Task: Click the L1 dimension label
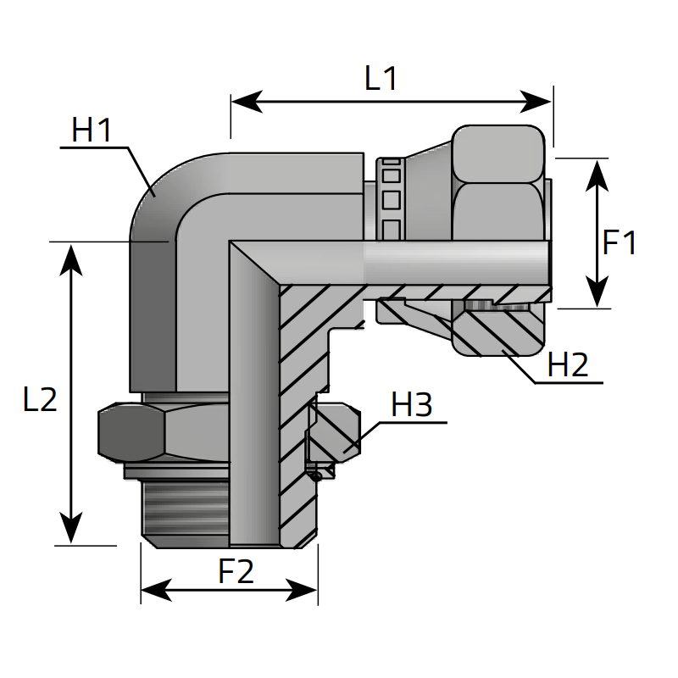point(381,79)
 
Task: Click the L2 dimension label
point(40,399)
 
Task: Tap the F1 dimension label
point(620,243)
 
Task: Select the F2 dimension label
point(236,572)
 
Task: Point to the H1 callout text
point(92,131)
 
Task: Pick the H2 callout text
point(568,365)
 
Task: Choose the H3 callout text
point(412,406)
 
